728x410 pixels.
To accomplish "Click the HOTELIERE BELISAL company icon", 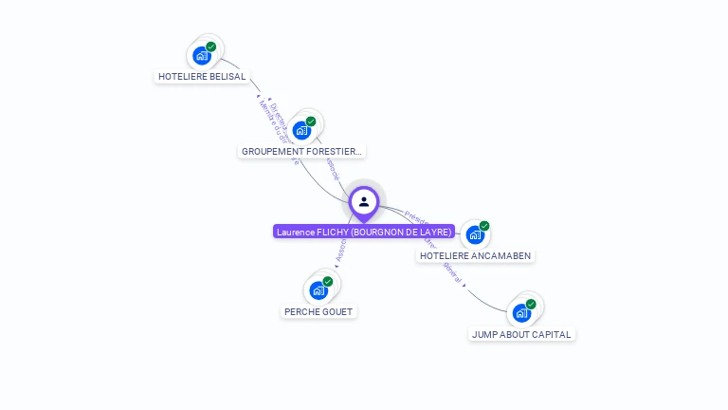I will (x=201, y=55).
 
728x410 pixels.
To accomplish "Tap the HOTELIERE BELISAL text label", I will (x=202, y=77).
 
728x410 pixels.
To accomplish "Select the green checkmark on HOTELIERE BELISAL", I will (x=211, y=47).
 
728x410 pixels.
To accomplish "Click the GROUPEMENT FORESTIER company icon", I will (x=301, y=130).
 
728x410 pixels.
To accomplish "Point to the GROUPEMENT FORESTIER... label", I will (x=301, y=152).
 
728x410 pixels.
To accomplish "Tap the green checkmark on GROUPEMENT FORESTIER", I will (x=311, y=121).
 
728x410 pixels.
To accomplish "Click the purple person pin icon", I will (x=364, y=202).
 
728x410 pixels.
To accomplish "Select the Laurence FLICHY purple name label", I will (x=364, y=232).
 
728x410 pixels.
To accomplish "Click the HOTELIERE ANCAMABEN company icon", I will (x=475, y=234).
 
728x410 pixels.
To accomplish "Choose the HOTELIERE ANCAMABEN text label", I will (x=476, y=256).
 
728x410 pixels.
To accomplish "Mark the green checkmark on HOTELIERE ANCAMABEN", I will (x=484, y=226).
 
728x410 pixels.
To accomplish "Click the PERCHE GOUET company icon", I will (x=318, y=289).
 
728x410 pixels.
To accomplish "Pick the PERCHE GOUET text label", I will (x=319, y=312).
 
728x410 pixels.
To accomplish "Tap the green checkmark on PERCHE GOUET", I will (x=328, y=281).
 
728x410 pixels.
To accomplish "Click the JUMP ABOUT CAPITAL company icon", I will (x=521, y=312).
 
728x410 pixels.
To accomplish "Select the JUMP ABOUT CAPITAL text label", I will (x=522, y=334).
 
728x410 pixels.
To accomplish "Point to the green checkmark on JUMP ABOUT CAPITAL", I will (x=531, y=304).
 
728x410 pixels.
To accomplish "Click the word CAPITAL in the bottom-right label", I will (x=552, y=334).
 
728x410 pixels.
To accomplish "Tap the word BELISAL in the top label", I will (x=227, y=77).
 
